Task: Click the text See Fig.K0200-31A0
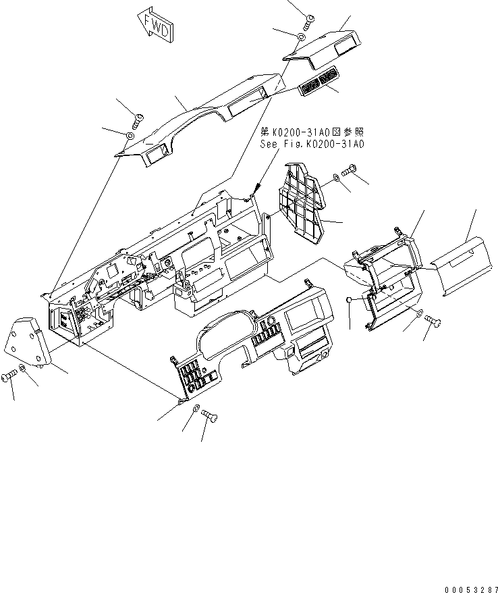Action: coord(312,144)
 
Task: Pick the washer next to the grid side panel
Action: coord(335,180)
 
